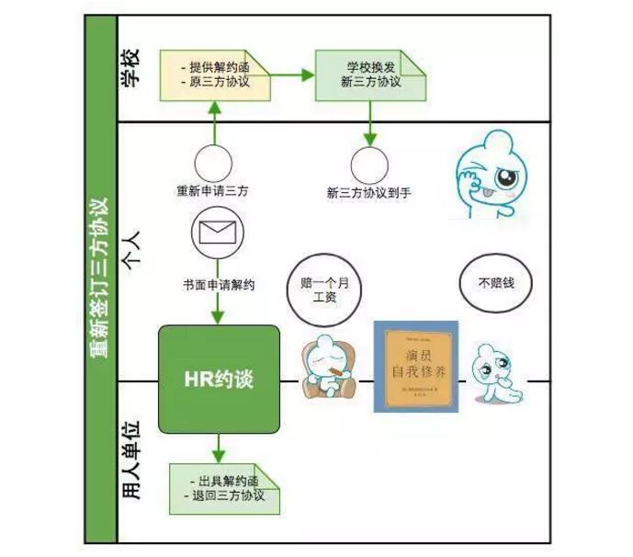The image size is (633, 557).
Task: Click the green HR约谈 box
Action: pos(219,379)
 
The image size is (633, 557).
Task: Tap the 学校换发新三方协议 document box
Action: pos(372,74)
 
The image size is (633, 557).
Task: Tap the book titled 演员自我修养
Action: pos(415,366)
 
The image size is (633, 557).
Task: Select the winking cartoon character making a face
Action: pos(495,175)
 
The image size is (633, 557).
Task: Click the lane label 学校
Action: pos(132,69)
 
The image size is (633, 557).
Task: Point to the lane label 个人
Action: pos(132,249)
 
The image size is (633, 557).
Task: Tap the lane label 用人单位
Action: pos(132,460)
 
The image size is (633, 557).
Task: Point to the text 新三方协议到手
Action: pos(370,193)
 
